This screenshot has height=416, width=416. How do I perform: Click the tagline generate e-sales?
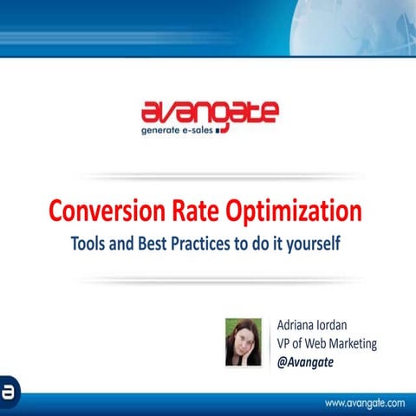click(179, 133)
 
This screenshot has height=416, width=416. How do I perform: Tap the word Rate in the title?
click(188, 211)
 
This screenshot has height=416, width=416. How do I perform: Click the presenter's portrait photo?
click(244, 341)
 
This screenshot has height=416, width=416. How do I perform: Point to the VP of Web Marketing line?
click(327, 343)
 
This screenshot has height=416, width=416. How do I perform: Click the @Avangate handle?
click(305, 362)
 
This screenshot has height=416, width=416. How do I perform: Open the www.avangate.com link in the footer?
click(365, 403)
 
